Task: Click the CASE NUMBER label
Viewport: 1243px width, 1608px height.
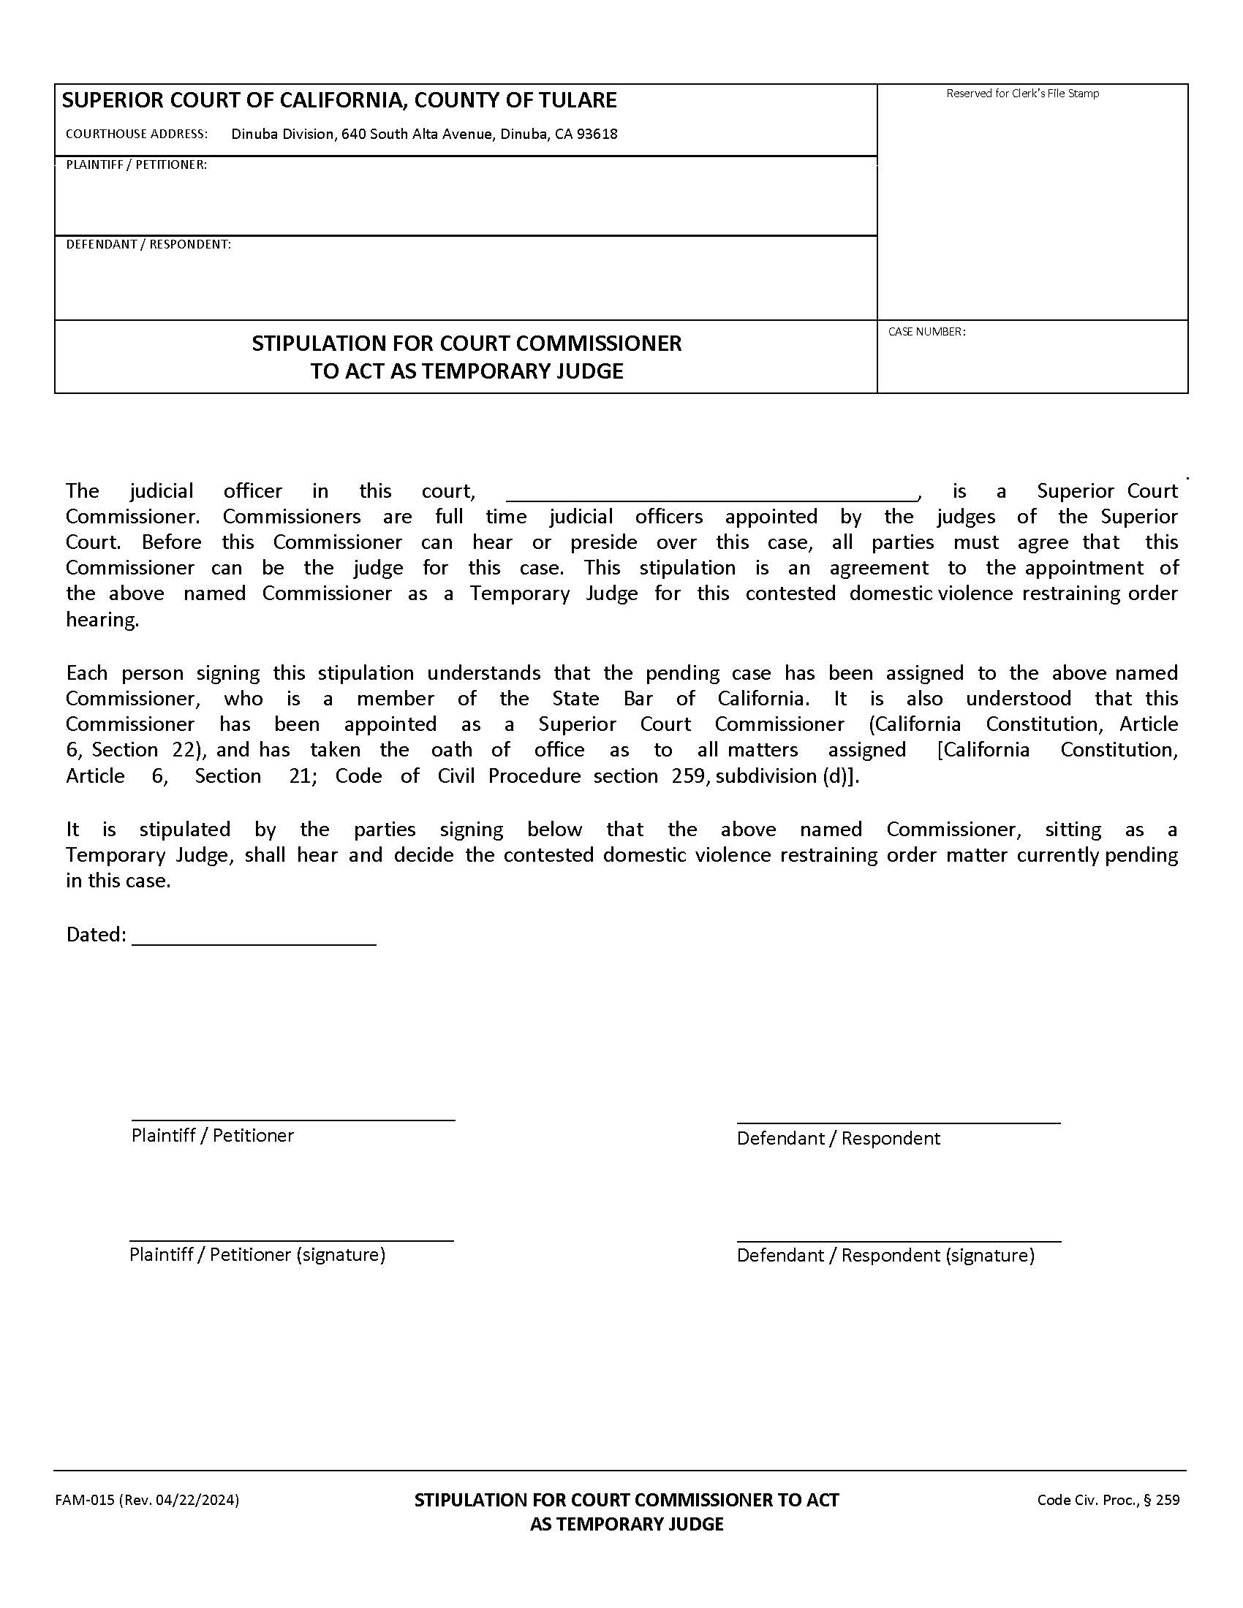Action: [x=926, y=332]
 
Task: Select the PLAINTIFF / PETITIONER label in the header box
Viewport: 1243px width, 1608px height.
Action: [x=136, y=165]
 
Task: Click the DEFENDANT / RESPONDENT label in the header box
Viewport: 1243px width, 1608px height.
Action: [x=148, y=244]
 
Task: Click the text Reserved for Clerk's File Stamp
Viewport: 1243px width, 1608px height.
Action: [x=1022, y=94]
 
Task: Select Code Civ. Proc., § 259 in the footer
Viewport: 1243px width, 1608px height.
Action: [x=1108, y=1500]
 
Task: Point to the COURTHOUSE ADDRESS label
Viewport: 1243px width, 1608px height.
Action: [x=136, y=134]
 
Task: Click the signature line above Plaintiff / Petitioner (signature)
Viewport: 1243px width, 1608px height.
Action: [x=292, y=1240]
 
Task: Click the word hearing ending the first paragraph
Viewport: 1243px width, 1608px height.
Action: [x=102, y=620]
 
